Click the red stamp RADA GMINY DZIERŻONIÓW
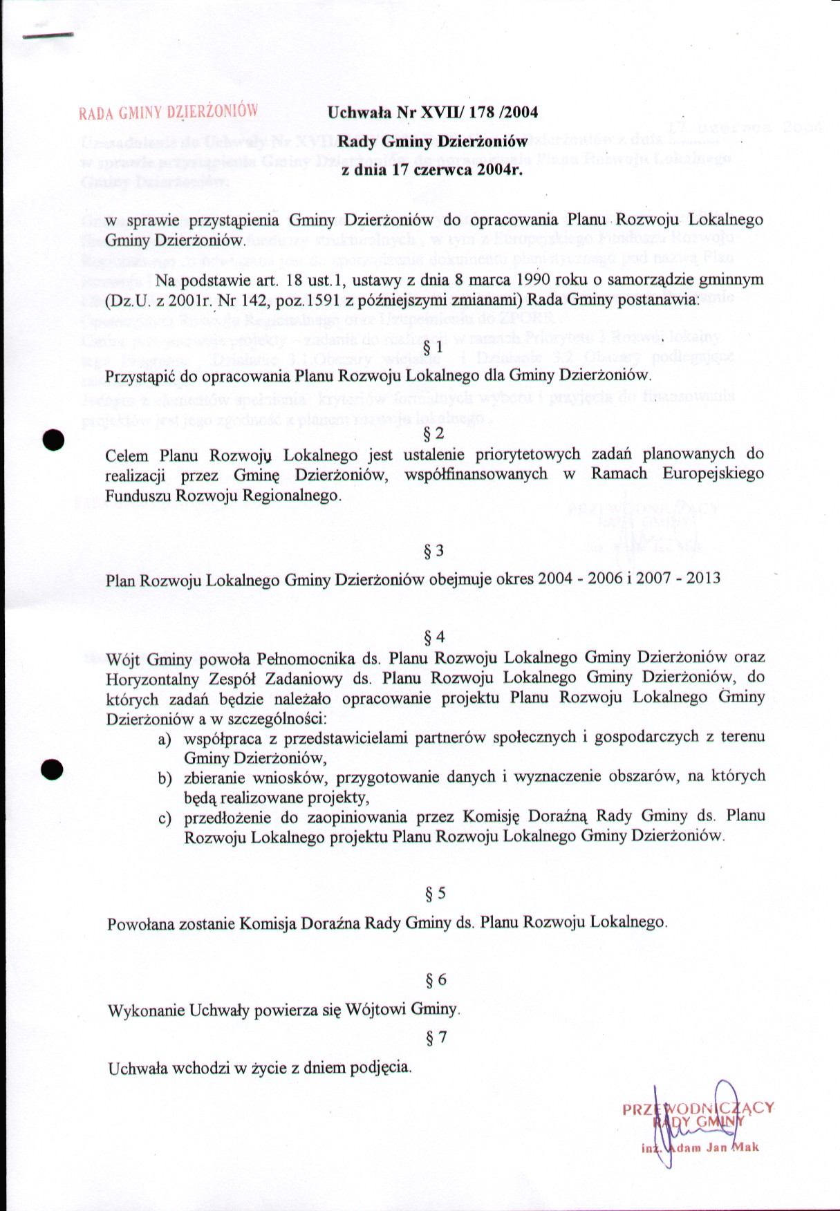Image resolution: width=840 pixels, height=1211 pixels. coord(169,111)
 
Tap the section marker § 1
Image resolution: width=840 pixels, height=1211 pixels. coord(432,347)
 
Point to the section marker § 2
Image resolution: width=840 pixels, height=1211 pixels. coord(433,434)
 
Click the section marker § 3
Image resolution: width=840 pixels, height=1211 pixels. coord(433,551)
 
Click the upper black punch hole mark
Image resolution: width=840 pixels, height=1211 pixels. coord(53,440)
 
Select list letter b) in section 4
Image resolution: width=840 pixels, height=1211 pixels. coord(165,779)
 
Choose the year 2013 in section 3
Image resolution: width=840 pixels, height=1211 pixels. coord(703,577)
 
